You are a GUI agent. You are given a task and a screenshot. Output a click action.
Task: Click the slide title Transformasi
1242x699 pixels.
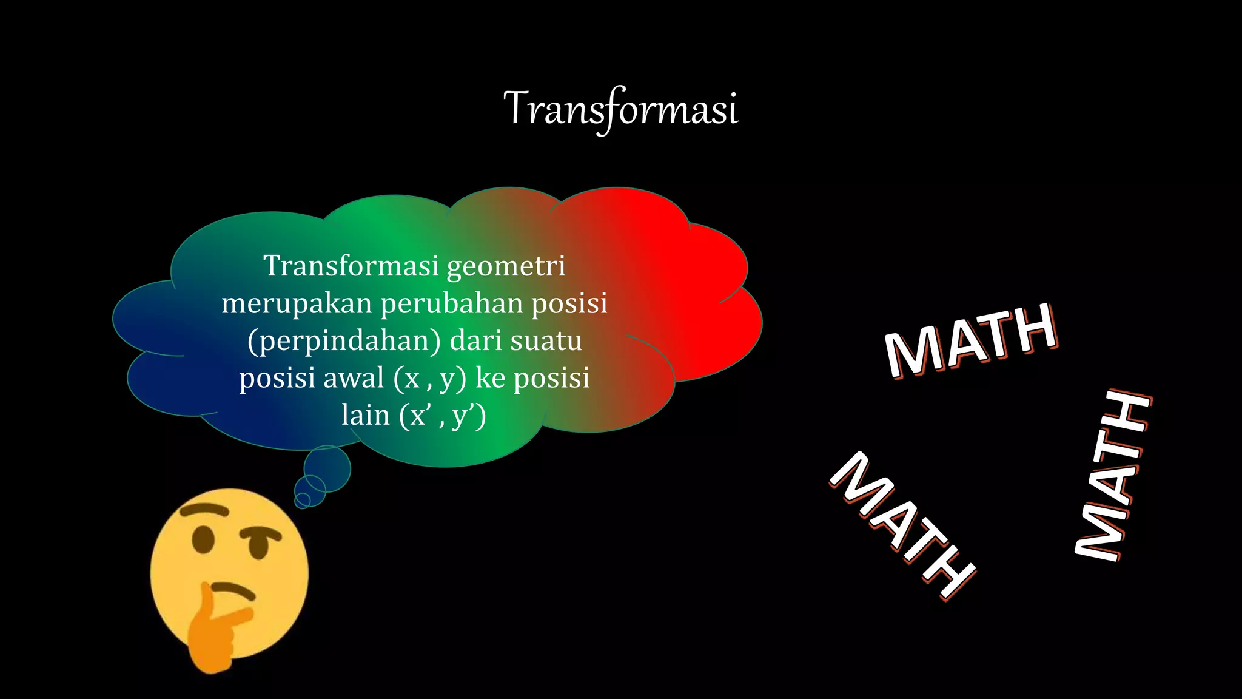(621, 109)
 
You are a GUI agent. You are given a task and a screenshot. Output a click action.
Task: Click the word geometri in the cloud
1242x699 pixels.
(506, 266)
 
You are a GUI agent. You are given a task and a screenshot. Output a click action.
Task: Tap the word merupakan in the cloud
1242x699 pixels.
(296, 303)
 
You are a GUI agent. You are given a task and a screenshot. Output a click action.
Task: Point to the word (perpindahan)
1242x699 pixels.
(344, 341)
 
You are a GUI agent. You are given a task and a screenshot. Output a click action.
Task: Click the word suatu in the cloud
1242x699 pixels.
(546, 341)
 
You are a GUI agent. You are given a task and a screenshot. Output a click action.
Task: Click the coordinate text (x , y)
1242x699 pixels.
(429, 379)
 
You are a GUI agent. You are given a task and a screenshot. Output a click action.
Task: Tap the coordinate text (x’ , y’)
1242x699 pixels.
(443, 416)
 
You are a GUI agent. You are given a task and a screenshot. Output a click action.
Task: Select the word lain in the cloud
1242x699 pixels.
(365, 416)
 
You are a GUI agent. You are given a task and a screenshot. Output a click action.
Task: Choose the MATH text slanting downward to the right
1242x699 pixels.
(902, 525)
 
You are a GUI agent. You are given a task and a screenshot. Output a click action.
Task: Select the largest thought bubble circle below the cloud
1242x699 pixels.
(327, 469)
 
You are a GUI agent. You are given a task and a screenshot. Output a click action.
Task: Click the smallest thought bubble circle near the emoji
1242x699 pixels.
(302, 500)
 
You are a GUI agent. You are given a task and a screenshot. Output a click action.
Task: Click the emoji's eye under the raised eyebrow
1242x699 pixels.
(203, 539)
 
